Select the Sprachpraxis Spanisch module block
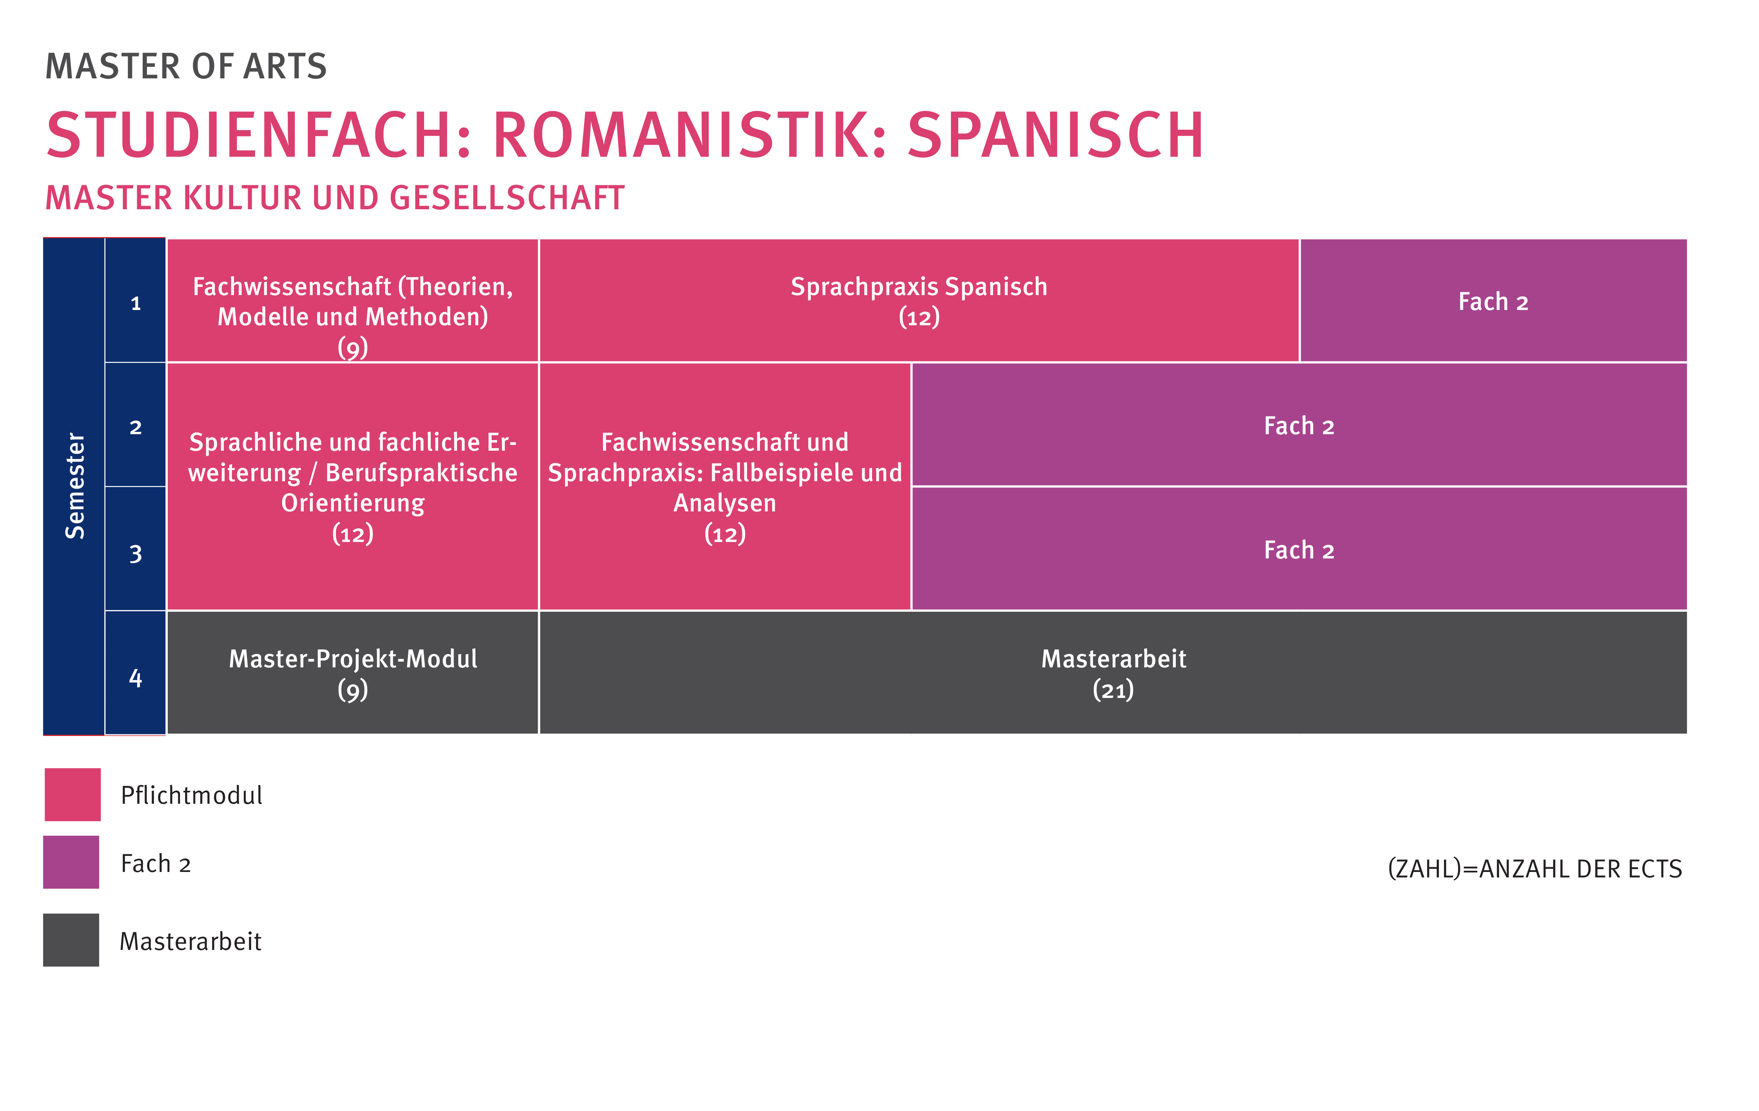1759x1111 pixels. pyautogui.click(x=919, y=300)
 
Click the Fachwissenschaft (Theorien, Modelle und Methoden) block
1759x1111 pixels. pyautogui.click(x=353, y=300)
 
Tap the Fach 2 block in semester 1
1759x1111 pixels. pyautogui.click(x=1494, y=300)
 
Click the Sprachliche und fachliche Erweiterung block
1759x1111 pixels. pyautogui.click(x=353, y=486)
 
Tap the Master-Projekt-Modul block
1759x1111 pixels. pyautogui.click(x=353, y=673)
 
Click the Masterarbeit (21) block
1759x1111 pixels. pyautogui.click(x=1113, y=673)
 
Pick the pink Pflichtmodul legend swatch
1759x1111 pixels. pyautogui.click(x=73, y=795)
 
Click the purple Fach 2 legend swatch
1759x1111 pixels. pyautogui.click(x=71, y=862)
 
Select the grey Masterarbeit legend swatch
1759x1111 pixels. pyautogui.click(x=71, y=940)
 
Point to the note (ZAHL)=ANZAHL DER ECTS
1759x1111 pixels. pyautogui.click(x=1535, y=868)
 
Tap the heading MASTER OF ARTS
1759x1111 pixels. pyautogui.click(x=186, y=67)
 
